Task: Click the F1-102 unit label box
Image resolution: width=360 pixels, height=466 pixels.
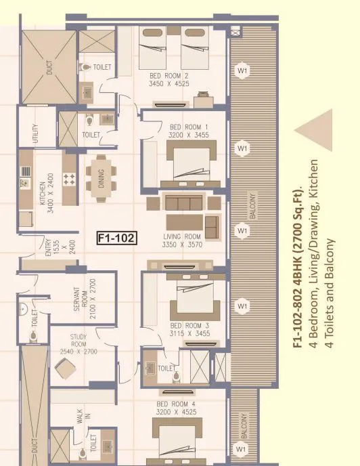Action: tap(117, 238)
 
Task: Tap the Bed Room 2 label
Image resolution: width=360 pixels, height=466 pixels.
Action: tap(169, 77)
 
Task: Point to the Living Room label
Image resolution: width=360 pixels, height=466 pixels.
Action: tap(183, 237)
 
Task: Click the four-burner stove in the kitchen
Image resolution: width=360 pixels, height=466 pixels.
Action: tap(68, 179)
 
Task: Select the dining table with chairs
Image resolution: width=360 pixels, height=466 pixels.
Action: tap(102, 178)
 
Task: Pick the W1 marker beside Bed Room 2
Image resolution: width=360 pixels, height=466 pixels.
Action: tap(242, 70)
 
